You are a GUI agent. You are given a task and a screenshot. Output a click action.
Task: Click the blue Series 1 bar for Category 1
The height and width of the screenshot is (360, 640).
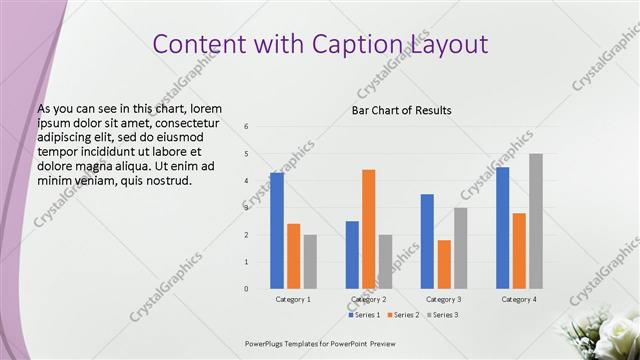pos(277,231)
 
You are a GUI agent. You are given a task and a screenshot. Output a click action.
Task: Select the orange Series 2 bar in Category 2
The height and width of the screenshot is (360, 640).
pos(369,229)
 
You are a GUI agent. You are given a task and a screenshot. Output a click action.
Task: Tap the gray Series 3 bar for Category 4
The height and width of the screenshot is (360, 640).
pos(536,221)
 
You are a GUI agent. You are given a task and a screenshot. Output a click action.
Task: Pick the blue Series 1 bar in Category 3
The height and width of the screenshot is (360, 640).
pos(427,241)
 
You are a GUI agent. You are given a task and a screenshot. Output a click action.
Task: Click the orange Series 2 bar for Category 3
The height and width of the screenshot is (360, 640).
pos(444,264)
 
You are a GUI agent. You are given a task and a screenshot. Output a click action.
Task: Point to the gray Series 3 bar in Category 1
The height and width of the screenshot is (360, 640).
pos(310,262)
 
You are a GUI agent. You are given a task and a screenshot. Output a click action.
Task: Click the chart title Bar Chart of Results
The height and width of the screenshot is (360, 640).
pos(401,110)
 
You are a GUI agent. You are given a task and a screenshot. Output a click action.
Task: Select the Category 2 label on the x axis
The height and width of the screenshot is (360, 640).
pos(369,299)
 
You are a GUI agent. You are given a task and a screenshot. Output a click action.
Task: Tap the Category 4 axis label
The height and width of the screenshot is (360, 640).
pos(519,299)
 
